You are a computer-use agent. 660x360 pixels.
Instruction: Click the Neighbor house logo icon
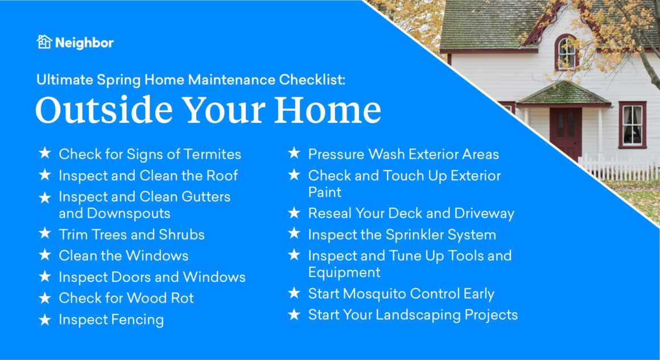(44, 42)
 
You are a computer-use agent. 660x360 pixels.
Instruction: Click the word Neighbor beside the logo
(84, 43)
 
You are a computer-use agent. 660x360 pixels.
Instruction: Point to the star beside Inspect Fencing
(44, 320)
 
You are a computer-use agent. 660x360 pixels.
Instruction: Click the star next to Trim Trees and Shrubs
(44, 234)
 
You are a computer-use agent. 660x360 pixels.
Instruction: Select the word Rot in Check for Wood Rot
(181, 298)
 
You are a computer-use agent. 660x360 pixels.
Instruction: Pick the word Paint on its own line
(324, 192)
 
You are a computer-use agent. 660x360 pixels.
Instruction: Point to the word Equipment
(344, 272)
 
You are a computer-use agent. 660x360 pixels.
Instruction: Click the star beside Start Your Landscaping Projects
(294, 315)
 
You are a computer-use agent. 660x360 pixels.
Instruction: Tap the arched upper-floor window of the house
(566, 52)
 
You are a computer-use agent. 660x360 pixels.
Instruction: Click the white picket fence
(617, 168)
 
